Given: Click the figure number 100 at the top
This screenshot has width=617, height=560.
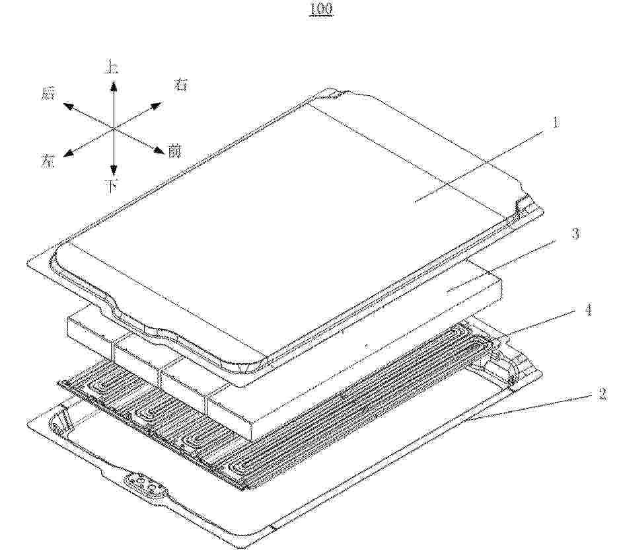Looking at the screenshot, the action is tap(320, 9).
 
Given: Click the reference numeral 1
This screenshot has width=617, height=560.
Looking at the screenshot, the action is tap(556, 122).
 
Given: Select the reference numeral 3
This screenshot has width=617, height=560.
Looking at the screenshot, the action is tap(575, 233).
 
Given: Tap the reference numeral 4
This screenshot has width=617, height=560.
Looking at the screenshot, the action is tap(588, 310).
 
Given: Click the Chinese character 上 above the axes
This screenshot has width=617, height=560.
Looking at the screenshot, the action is tap(112, 67).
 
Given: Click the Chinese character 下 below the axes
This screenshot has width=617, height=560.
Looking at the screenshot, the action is tap(112, 186).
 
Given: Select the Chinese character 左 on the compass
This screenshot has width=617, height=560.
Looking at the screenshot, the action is tap(48, 161).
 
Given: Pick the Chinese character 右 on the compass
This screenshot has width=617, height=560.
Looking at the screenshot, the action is tap(182, 84).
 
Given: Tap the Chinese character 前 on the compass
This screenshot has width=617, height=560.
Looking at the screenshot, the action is tap(174, 151).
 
